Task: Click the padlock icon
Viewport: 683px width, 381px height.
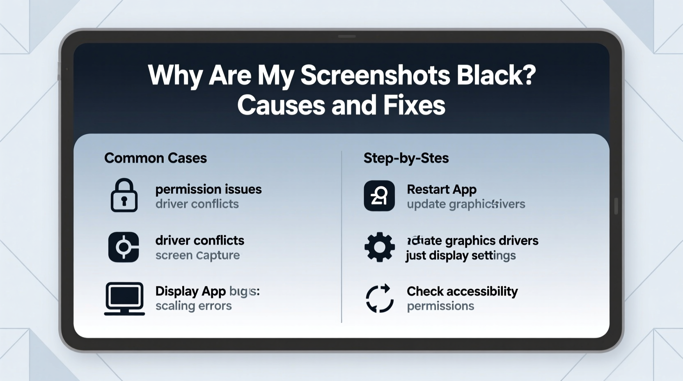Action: click(x=124, y=195)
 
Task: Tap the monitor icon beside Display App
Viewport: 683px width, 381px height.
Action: click(x=124, y=298)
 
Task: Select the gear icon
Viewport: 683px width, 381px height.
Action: click(x=379, y=247)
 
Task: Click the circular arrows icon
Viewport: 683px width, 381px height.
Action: click(x=379, y=298)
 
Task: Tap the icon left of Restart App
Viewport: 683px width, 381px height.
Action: click(x=379, y=196)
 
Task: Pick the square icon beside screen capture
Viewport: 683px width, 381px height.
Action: click(x=124, y=247)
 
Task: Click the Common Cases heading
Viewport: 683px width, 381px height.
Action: click(x=156, y=158)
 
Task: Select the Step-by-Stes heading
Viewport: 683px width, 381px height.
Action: click(x=406, y=158)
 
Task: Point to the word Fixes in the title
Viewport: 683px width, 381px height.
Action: click(x=414, y=105)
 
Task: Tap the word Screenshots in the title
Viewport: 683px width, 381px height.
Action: click(x=375, y=75)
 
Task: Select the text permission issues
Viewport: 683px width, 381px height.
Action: click(x=209, y=189)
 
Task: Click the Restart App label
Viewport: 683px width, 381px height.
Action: click(x=442, y=189)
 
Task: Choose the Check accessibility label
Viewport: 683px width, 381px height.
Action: click(x=462, y=291)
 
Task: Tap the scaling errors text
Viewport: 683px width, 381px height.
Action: click(x=194, y=306)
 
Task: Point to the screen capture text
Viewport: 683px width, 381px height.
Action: click(x=197, y=255)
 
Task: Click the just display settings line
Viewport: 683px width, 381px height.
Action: click(x=461, y=255)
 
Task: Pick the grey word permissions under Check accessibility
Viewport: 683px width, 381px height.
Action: click(x=440, y=306)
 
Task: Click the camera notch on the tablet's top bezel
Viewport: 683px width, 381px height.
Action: click(x=346, y=37)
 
